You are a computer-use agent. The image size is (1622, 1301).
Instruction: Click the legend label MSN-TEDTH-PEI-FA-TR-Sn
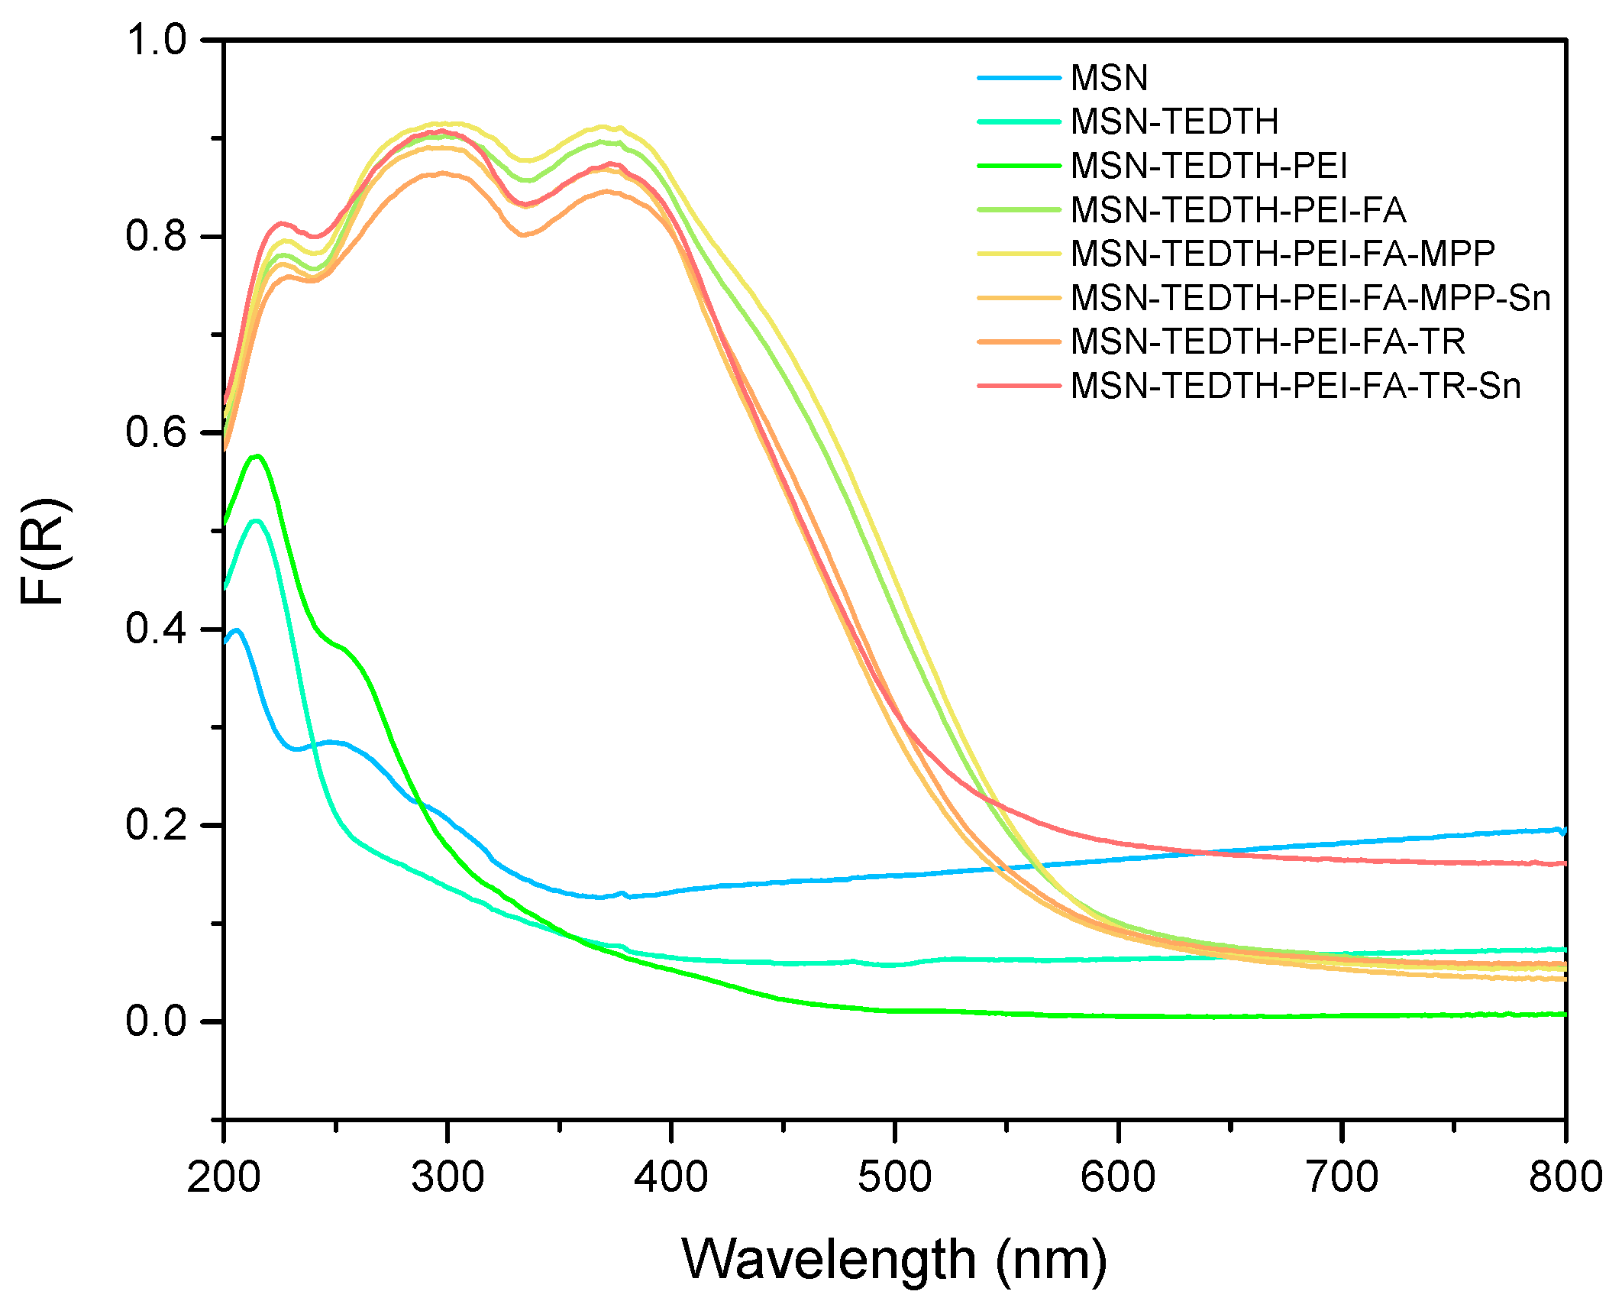(x=1295, y=387)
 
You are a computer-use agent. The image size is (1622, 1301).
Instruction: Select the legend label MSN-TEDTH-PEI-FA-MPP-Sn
(x=1310, y=298)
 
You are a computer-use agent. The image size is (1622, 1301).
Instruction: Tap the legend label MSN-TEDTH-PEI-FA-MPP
(x=1282, y=254)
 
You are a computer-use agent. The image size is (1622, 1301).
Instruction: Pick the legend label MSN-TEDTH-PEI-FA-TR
(x=1268, y=342)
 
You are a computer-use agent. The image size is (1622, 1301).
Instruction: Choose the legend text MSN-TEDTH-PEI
(x=1209, y=166)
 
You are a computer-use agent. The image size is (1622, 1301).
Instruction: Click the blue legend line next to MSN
(x=1019, y=78)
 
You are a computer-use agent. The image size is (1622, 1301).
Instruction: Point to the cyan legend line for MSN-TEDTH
(x=1019, y=121)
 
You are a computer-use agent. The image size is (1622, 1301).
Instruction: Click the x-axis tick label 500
(x=894, y=1177)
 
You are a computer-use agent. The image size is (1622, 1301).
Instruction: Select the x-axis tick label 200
(x=224, y=1177)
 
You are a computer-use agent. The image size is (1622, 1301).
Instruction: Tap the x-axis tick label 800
(x=1565, y=1177)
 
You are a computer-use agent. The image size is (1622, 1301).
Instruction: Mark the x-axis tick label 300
(x=448, y=1177)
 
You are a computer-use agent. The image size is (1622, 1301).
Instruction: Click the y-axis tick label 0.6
(x=157, y=432)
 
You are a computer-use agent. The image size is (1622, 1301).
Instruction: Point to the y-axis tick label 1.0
(x=157, y=40)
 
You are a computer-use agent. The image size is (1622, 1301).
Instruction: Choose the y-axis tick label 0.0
(x=157, y=1021)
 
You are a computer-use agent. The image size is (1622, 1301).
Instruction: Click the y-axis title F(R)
(x=44, y=552)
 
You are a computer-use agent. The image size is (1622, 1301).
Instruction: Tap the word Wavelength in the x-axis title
(x=829, y=1259)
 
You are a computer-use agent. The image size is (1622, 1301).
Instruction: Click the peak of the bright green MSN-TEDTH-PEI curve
(x=257, y=456)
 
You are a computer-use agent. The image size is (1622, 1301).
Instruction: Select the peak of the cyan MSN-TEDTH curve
(x=257, y=521)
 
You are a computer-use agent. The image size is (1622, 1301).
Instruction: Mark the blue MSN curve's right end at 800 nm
(x=1564, y=830)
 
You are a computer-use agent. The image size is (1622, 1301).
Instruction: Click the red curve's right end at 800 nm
(x=1564, y=864)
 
